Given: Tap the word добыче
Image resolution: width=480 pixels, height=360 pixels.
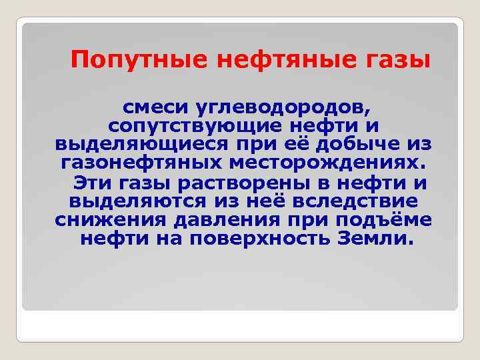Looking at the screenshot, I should pos(365,145).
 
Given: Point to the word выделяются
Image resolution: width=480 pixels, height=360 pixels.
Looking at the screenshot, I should pos(138,201).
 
